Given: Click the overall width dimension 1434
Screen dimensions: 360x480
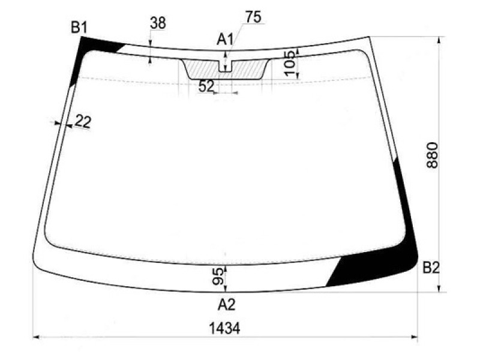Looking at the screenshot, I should tap(224, 328).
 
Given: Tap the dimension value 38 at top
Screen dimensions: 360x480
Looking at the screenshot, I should tap(158, 23).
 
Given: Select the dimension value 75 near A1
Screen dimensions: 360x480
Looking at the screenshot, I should tap(253, 17).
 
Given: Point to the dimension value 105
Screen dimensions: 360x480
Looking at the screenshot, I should tap(290, 63).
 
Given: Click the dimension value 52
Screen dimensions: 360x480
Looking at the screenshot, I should tap(206, 86).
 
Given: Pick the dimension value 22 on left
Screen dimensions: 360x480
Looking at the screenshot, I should tap(83, 122).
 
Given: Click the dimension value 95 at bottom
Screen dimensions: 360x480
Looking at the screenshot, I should tap(219, 277).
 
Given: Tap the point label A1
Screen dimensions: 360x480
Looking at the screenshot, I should tap(225, 40).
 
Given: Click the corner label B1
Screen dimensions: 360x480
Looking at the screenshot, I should tap(79, 27).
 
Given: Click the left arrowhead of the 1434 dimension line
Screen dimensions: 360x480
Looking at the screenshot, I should tap(34, 338).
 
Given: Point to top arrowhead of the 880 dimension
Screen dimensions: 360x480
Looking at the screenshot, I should tap(442, 40).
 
